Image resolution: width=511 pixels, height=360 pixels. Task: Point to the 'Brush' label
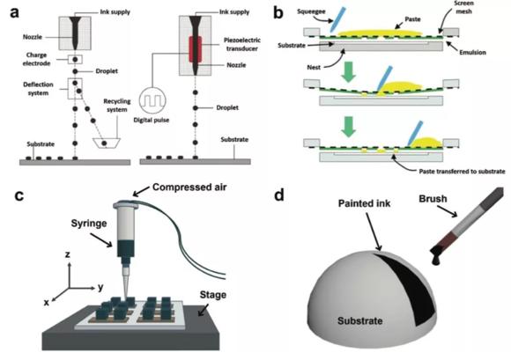click(441, 202)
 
